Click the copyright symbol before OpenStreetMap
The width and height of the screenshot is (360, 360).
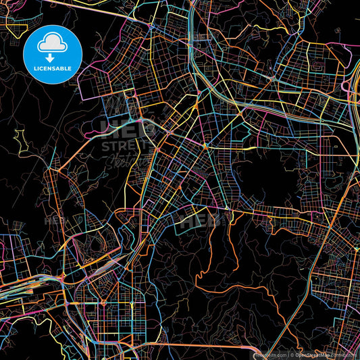(x=292, y=354)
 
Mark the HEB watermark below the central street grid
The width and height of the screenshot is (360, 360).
(x=196, y=220)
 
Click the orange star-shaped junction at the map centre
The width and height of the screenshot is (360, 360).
(x=204, y=145)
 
